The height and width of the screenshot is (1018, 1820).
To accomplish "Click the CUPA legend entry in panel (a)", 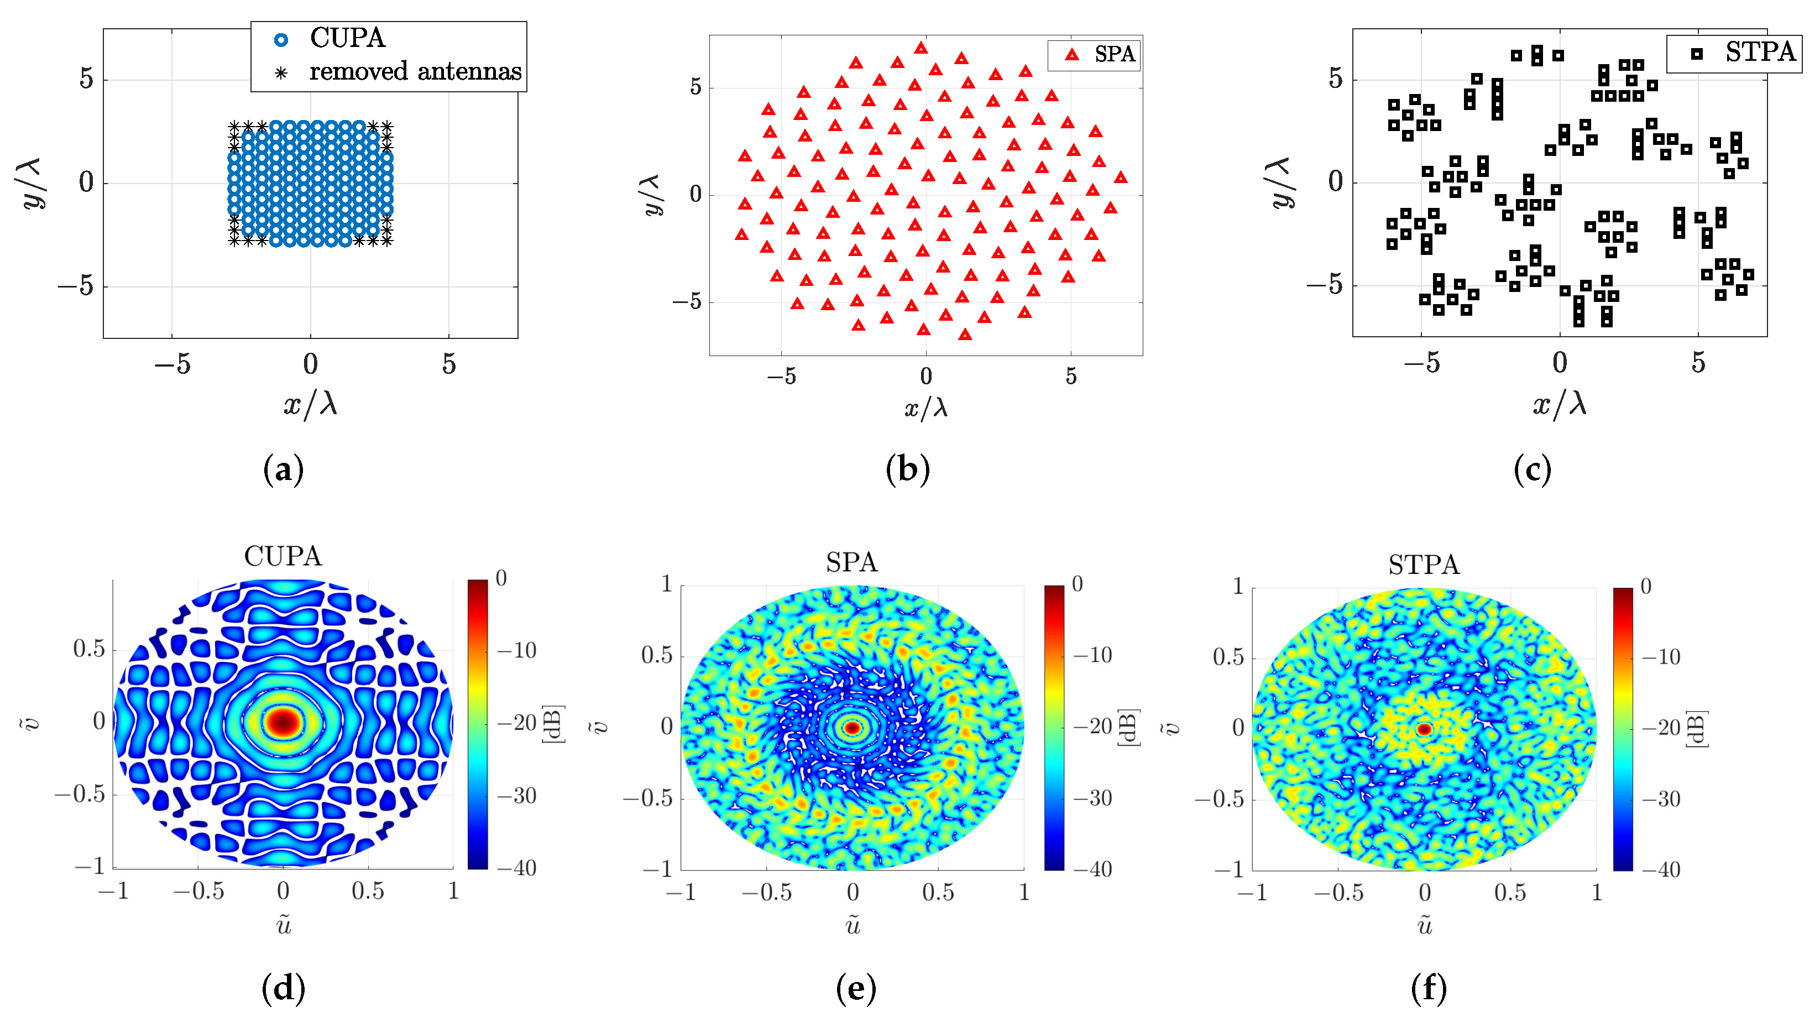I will pyautogui.click(x=346, y=38).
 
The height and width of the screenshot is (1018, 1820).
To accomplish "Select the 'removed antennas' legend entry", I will pyautogui.click(x=415, y=71).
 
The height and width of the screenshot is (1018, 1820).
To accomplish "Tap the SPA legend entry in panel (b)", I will pyautogui.click(x=1113, y=54).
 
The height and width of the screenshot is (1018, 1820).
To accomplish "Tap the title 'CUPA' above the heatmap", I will pyautogui.click(x=283, y=557).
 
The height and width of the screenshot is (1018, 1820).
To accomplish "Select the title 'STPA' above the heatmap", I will pyautogui.click(x=1424, y=565).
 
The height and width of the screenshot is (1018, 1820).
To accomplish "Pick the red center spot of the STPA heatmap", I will pyautogui.click(x=1424, y=729).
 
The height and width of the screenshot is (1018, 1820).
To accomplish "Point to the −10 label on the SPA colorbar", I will pyautogui.click(x=1092, y=655).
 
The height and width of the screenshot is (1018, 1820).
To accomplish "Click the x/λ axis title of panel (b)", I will pyautogui.click(x=925, y=408).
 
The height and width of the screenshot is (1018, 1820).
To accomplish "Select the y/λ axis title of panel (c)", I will pyautogui.click(x=1280, y=183).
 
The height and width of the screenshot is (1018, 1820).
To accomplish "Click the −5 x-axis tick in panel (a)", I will pyautogui.click(x=172, y=364).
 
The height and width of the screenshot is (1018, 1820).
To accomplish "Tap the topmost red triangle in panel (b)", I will pyautogui.click(x=921, y=48).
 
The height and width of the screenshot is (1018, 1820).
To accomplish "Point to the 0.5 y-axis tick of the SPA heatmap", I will pyautogui.click(x=656, y=655).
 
